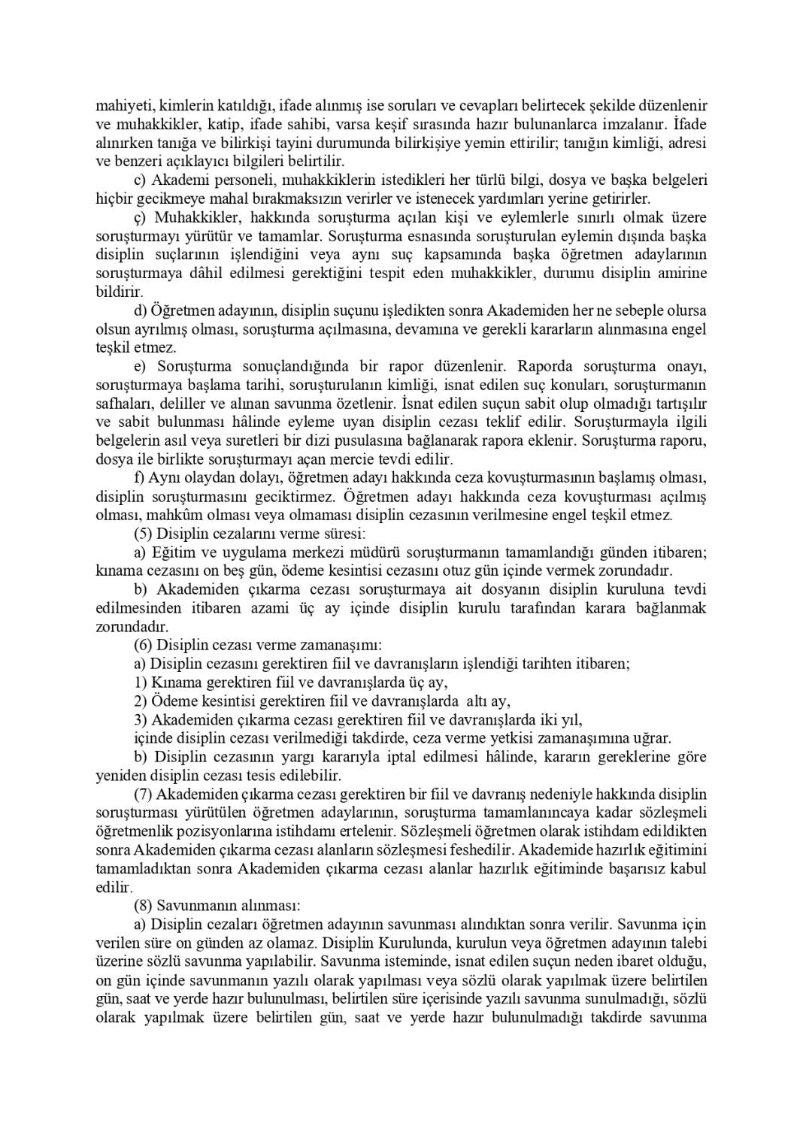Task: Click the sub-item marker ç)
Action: coord(139,217)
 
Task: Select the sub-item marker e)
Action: coord(139,366)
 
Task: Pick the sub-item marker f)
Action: coord(138,478)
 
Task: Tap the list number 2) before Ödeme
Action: coord(140,701)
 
